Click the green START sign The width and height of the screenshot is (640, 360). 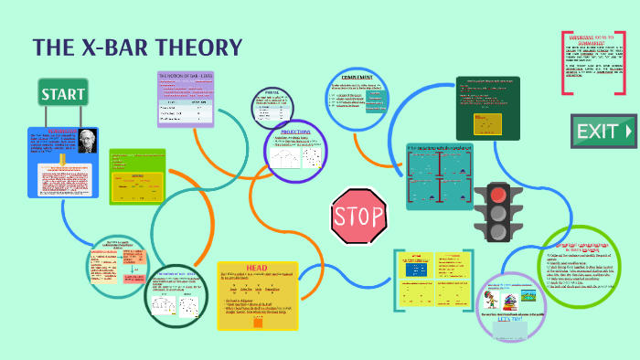(x=63, y=93)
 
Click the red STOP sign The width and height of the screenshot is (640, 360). (x=355, y=217)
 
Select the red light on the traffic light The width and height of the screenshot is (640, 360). (x=496, y=193)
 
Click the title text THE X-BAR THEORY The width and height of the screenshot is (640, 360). (x=137, y=48)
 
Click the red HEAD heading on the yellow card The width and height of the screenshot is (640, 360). (x=258, y=267)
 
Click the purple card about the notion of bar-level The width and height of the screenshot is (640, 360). (x=187, y=99)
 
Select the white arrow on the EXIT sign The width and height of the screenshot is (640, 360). (x=627, y=132)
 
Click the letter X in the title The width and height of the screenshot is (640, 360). (x=101, y=48)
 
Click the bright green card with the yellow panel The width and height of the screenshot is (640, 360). (x=137, y=177)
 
